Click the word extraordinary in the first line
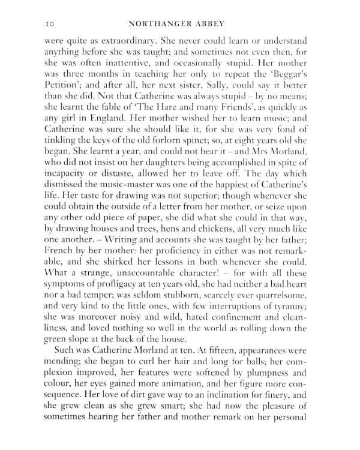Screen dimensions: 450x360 click(127, 41)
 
